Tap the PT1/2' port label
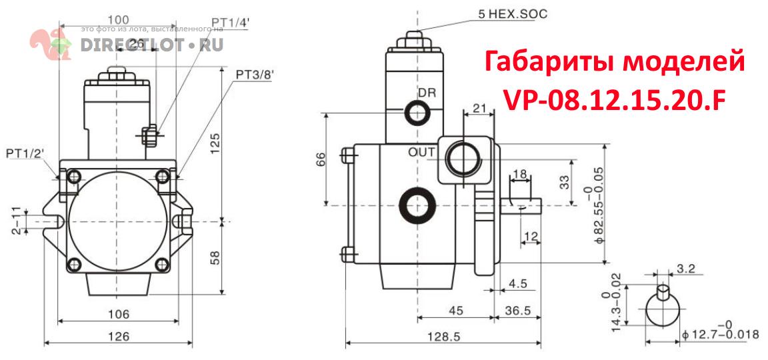tap(25, 154)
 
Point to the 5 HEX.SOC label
tap(513, 13)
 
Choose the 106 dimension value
tap(118, 313)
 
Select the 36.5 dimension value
tap(518, 310)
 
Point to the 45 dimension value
tap(455, 310)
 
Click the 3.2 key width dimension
tap(685, 270)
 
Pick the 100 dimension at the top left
tap(118, 20)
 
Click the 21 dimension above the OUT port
tap(478, 107)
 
